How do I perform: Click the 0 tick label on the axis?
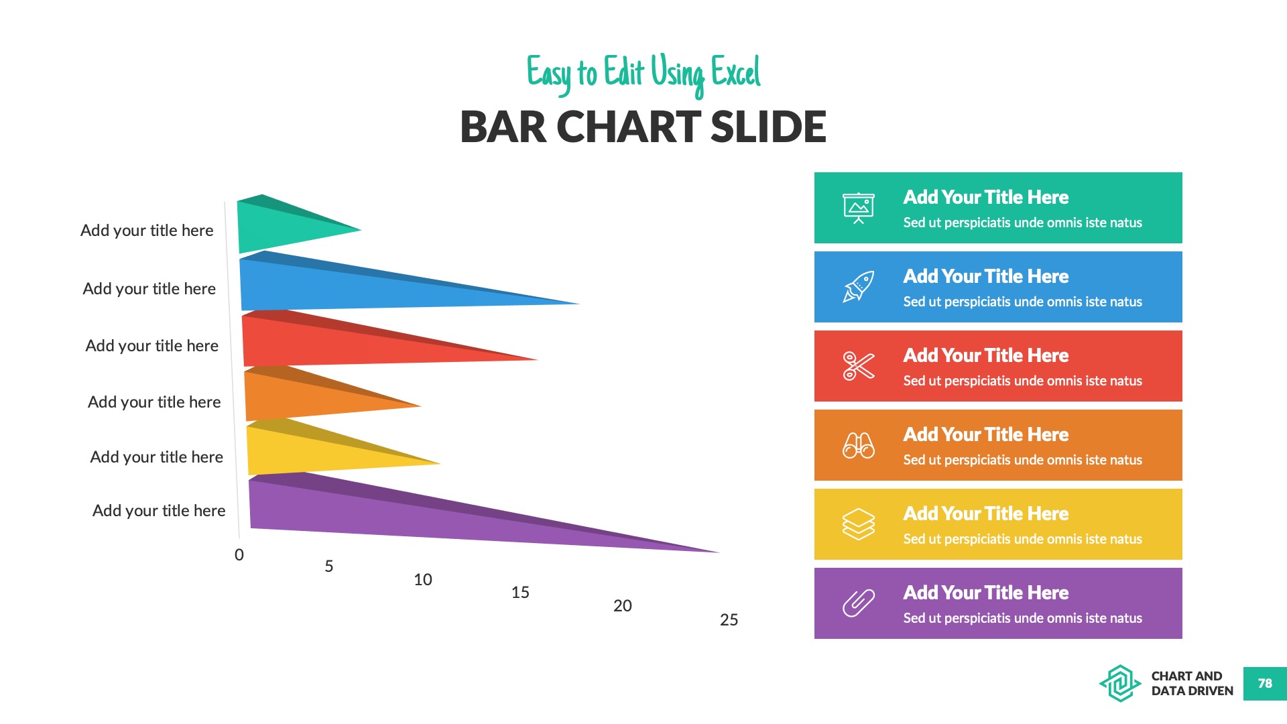coord(239,555)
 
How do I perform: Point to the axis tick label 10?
coord(423,580)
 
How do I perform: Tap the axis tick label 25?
coord(729,620)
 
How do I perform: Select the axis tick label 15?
coord(520,593)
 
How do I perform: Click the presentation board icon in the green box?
coord(859,208)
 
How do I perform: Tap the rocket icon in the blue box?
coord(859,287)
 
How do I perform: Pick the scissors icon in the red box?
coord(859,366)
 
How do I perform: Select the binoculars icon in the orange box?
coord(859,445)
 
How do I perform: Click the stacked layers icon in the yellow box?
coord(859,524)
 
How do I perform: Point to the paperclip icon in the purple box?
coord(859,603)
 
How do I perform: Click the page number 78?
coord(1265,684)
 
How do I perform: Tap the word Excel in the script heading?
coord(735,72)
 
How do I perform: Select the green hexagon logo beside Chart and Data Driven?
coord(1120,684)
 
